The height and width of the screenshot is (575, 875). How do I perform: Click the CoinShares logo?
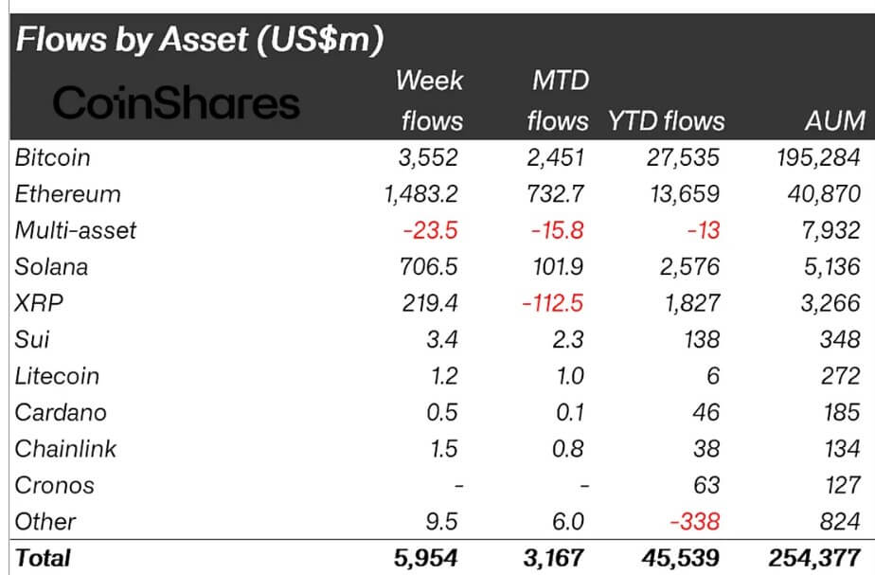(176, 102)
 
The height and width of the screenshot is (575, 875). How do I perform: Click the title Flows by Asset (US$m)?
(199, 40)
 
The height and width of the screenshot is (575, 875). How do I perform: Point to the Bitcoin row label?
(52, 157)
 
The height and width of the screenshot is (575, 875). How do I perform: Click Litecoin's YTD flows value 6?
(711, 376)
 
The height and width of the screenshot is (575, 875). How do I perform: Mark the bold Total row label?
(43, 557)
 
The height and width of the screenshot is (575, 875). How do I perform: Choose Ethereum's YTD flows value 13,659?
(684, 194)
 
